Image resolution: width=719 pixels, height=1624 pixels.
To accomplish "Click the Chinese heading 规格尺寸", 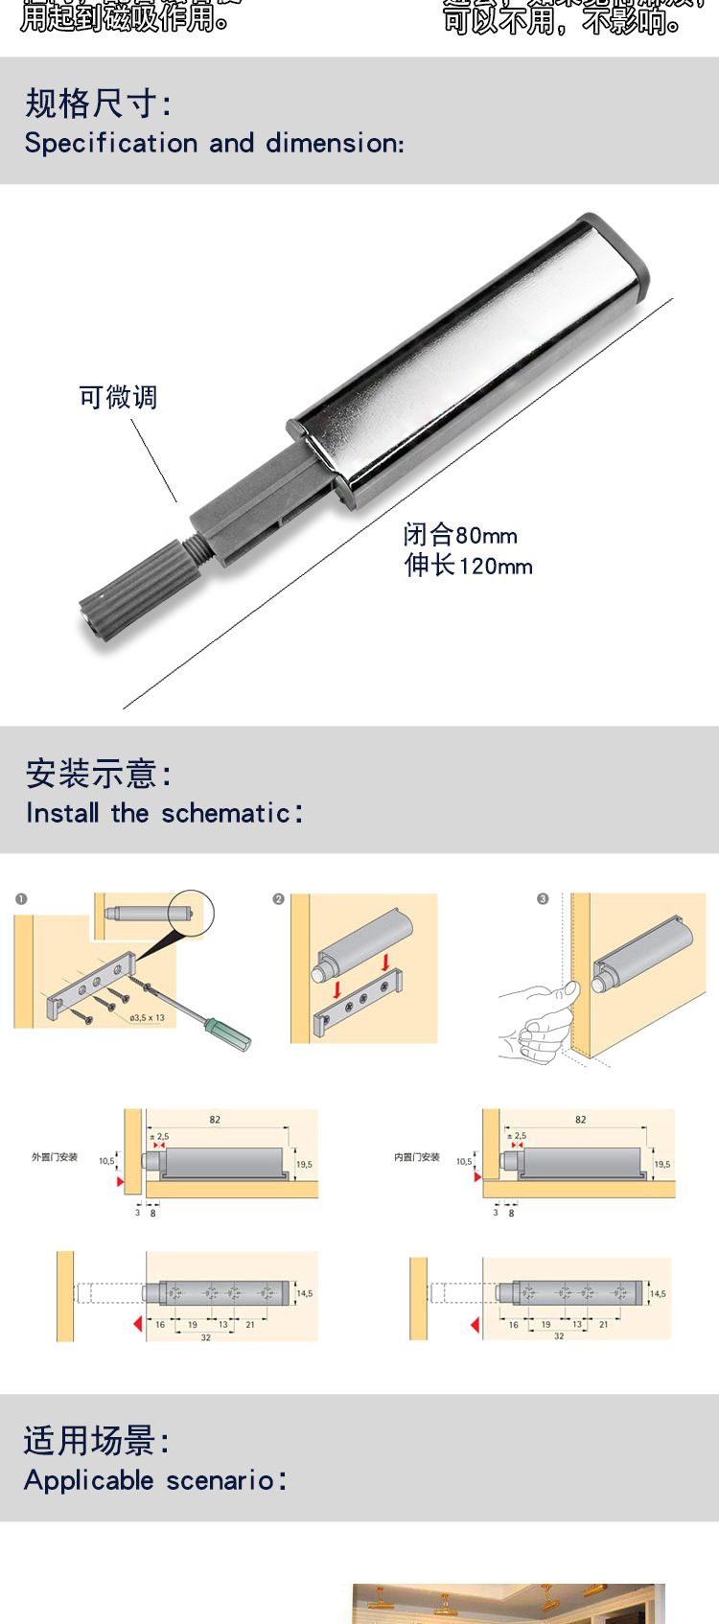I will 96,104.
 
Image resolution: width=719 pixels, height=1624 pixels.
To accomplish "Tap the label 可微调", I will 118,397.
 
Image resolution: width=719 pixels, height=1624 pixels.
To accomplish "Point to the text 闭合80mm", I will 460,535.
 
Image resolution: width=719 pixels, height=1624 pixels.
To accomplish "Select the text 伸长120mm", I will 468,566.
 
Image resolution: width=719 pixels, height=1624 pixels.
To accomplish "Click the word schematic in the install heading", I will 225,814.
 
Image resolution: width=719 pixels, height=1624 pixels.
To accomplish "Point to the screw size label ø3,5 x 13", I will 147,1018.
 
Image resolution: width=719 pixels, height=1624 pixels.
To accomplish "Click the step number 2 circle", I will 278,899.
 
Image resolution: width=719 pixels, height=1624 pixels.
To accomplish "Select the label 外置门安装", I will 55,1157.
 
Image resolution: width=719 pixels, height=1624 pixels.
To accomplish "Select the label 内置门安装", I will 417,1157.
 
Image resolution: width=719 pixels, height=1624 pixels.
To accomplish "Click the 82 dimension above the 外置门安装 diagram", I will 215,1120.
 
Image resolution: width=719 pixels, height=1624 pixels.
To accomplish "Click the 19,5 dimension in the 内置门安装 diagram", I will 662,1164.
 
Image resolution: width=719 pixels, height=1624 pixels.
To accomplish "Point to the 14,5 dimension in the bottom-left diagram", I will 305,1294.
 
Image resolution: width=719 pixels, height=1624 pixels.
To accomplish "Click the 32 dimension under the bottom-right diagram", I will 559,1336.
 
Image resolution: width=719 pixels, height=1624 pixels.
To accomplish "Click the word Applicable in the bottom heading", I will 88,1480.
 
